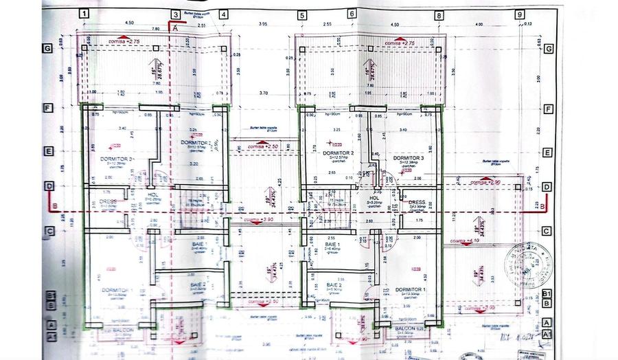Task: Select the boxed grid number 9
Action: point(520,14)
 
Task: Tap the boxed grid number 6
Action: point(352,14)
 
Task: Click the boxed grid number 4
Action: point(223,14)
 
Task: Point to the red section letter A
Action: point(175,28)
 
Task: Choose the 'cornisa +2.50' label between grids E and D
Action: point(246,146)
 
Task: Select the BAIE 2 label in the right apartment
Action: point(334,284)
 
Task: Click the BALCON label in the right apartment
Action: point(405,329)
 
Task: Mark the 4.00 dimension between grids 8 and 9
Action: point(479,24)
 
